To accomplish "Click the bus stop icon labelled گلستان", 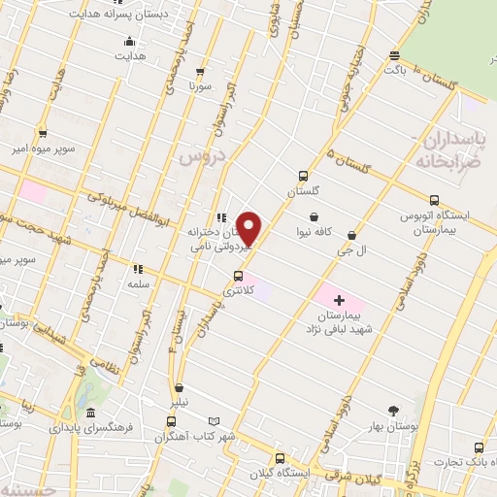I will tap(305, 176).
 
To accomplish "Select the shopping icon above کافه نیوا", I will tap(314, 216).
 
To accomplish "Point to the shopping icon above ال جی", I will tap(351, 235).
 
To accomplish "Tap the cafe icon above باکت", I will tap(393, 55).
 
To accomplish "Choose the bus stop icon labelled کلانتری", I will tap(239, 275).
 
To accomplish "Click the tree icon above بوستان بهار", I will tap(393, 411).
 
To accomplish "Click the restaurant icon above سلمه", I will tap(137, 269).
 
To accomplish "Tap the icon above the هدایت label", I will tap(130, 42).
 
